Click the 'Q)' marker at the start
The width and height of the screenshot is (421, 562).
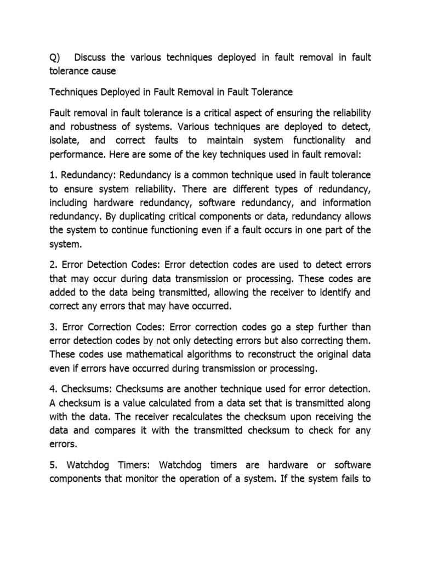coord(55,58)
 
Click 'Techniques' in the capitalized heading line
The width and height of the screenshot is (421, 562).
coord(74,92)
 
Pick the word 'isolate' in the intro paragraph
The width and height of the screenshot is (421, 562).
coord(65,140)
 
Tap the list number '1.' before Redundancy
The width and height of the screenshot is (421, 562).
coord(53,175)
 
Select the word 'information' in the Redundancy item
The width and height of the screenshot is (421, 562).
coord(342,203)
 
